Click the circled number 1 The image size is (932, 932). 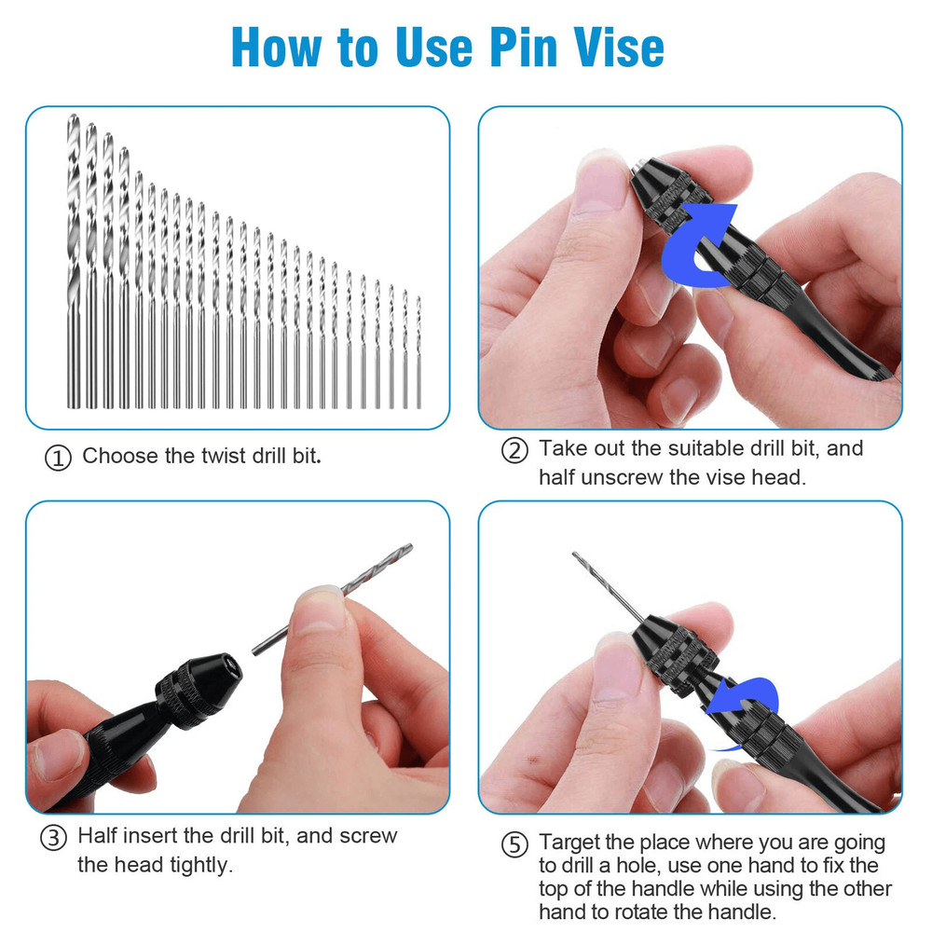58,459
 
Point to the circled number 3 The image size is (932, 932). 53,837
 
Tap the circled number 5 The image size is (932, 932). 514,845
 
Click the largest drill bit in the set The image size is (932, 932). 74,261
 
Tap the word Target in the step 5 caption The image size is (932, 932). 570,843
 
